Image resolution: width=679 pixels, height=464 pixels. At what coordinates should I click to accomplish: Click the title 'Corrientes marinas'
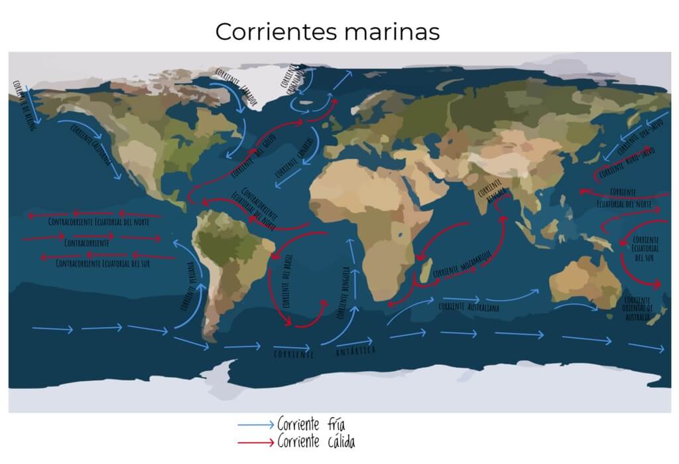click(327, 31)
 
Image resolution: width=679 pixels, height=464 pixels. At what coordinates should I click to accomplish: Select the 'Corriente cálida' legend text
click(316, 441)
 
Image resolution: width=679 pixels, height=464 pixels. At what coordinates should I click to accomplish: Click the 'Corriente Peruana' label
click(188, 287)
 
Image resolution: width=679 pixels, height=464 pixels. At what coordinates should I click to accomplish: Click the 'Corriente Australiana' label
click(468, 307)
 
